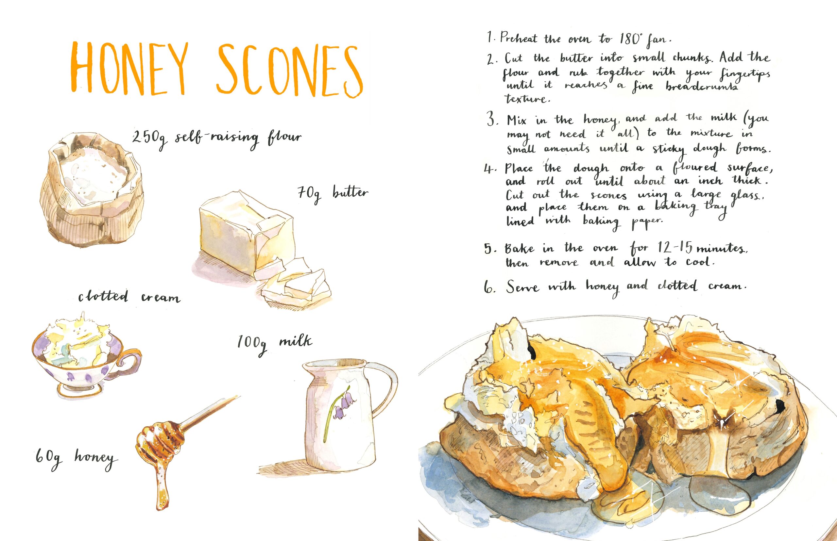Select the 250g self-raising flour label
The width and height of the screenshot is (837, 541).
click(216, 139)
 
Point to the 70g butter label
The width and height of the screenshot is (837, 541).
click(333, 194)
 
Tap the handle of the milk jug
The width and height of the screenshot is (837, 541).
click(387, 386)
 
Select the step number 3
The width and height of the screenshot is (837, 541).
click(492, 120)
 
